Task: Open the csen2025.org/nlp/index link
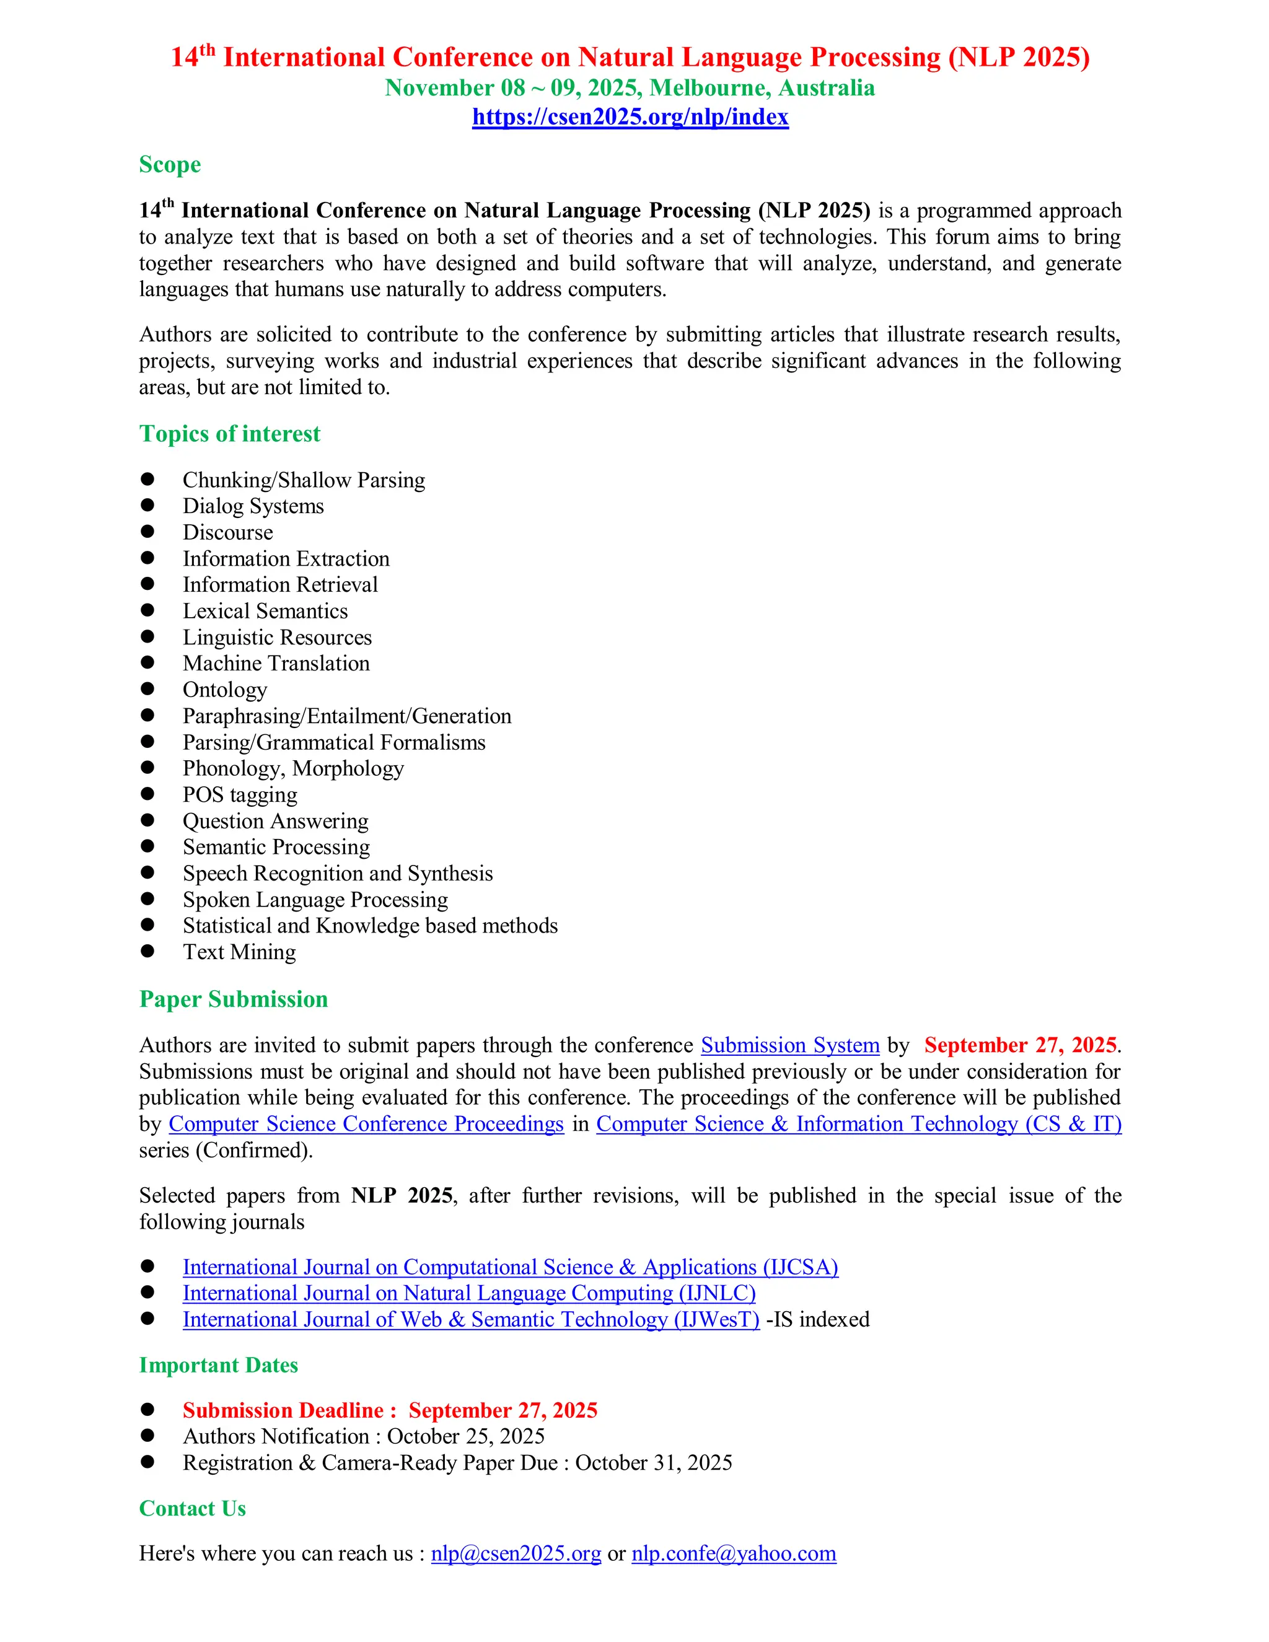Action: pos(630,117)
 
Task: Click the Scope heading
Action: pos(170,165)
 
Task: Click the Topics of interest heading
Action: pos(229,434)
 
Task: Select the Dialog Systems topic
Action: pos(253,506)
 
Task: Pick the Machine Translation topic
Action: pos(276,663)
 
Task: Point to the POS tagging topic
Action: pos(240,795)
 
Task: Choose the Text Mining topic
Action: pos(239,952)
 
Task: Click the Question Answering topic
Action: pos(275,821)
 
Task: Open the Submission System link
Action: pos(790,1045)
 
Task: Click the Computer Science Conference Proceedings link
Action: pos(366,1123)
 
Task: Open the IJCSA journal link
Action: pos(511,1267)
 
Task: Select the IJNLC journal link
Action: pos(469,1293)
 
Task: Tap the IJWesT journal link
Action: pos(472,1319)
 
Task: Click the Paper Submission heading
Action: pos(233,999)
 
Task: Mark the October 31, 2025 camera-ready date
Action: pos(653,1462)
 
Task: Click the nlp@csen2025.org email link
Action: pos(516,1553)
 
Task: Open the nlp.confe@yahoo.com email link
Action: pos(734,1553)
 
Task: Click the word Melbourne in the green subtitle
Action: pos(708,88)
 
